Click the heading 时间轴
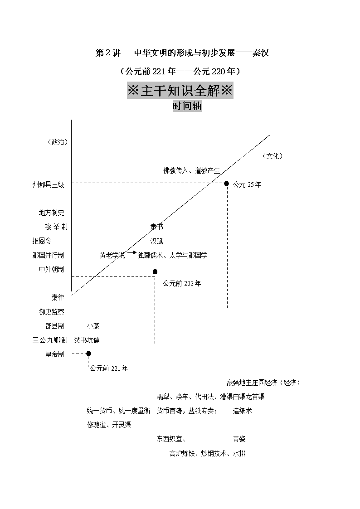coord(187,106)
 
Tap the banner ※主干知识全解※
coord(180,91)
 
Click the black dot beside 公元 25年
coord(227,184)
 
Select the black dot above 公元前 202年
coord(155,271)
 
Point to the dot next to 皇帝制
coord(88,354)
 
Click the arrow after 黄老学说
coord(131,252)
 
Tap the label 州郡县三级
coord(49,185)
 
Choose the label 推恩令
coord(42,241)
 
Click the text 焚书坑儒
coord(87,340)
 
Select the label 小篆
coord(93,326)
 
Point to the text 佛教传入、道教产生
coord(191,170)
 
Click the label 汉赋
coord(156,241)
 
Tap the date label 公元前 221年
coord(109,368)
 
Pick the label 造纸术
coord(242,411)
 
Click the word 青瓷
coord(239,439)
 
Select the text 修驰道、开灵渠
coord(109,425)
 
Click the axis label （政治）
coord(58,142)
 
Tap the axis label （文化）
coord(272,156)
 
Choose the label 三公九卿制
coord(50,340)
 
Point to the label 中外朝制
coord(51,269)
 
